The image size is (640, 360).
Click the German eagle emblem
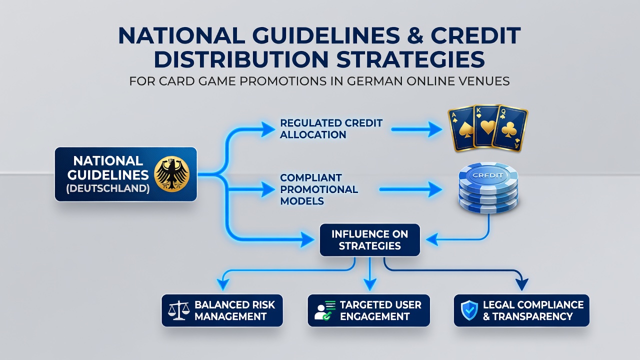(x=171, y=174)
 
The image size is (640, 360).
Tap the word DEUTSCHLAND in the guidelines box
(x=108, y=188)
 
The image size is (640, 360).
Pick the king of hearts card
(x=487, y=125)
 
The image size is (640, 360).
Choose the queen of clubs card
(x=510, y=128)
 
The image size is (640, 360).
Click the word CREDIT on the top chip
(x=487, y=175)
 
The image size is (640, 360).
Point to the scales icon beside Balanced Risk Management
(x=178, y=310)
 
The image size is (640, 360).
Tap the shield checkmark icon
(x=469, y=310)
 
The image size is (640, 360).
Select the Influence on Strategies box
(x=369, y=240)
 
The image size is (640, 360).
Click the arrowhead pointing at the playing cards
(x=435, y=129)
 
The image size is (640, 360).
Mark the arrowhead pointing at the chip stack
(x=435, y=189)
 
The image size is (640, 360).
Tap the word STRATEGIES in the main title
(x=410, y=59)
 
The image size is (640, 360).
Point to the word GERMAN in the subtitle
(x=375, y=81)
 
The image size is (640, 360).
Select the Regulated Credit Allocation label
(x=331, y=129)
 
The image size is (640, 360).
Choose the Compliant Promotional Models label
(x=319, y=189)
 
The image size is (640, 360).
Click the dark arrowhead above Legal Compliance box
(x=522, y=284)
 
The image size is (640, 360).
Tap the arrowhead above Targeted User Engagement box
(x=370, y=285)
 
